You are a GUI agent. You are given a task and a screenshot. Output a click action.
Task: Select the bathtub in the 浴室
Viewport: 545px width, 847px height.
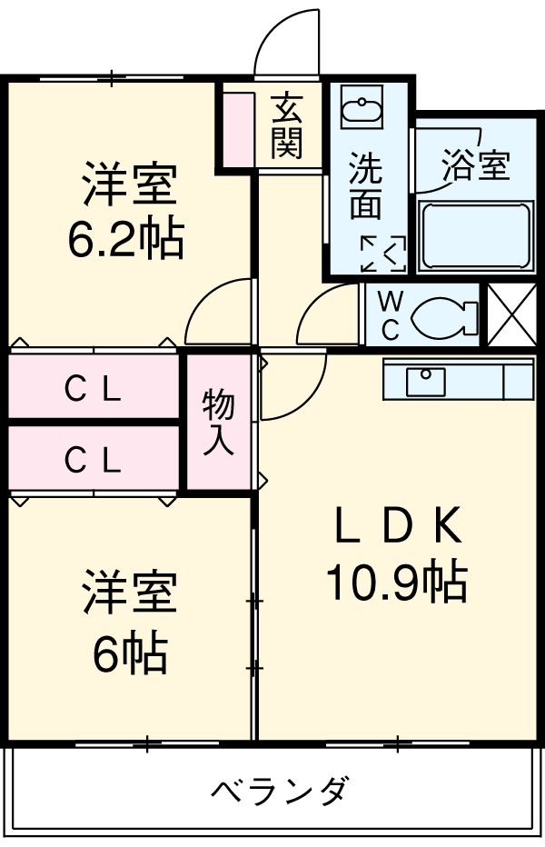point(475,235)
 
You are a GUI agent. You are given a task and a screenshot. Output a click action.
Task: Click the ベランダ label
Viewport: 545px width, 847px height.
point(279,790)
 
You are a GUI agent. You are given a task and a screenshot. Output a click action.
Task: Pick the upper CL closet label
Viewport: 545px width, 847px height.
point(93,389)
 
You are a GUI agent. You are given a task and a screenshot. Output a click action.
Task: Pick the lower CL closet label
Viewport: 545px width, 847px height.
point(93,460)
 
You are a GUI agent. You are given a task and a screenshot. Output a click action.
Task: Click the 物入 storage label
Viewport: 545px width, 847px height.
point(219,422)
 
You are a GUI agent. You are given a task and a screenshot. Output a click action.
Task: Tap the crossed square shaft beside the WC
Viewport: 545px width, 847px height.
point(512,315)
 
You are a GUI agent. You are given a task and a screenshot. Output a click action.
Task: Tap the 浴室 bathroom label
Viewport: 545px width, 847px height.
point(475,165)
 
